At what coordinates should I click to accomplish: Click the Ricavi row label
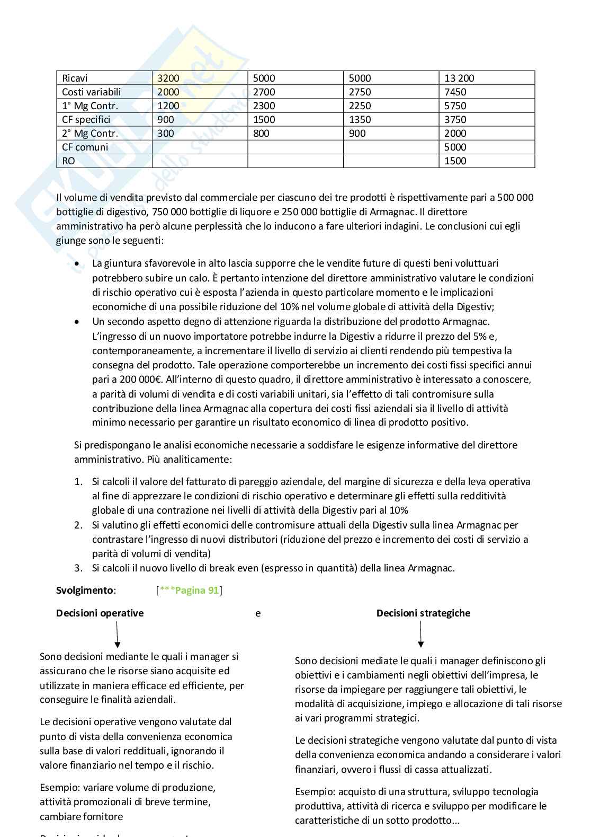click(75, 78)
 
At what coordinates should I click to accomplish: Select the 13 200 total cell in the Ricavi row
click(459, 78)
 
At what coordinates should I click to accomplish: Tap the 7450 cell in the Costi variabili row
click(455, 92)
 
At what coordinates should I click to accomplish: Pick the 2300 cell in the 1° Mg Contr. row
click(264, 106)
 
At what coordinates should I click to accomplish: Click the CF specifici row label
click(86, 120)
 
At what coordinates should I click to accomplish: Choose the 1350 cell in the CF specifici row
click(360, 120)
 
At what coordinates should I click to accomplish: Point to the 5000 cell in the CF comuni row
click(455, 147)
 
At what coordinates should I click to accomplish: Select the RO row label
click(68, 161)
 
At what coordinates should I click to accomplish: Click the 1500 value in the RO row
click(455, 161)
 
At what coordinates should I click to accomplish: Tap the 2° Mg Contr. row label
click(89, 134)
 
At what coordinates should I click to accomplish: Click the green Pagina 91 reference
click(196, 591)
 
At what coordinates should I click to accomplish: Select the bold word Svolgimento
click(85, 591)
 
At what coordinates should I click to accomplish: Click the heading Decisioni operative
click(100, 613)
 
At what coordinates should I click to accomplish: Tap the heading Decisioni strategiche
click(423, 613)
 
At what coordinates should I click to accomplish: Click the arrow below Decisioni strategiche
click(420, 635)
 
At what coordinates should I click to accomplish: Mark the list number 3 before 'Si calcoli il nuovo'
click(78, 568)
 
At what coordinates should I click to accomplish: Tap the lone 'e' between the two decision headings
click(258, 614)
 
